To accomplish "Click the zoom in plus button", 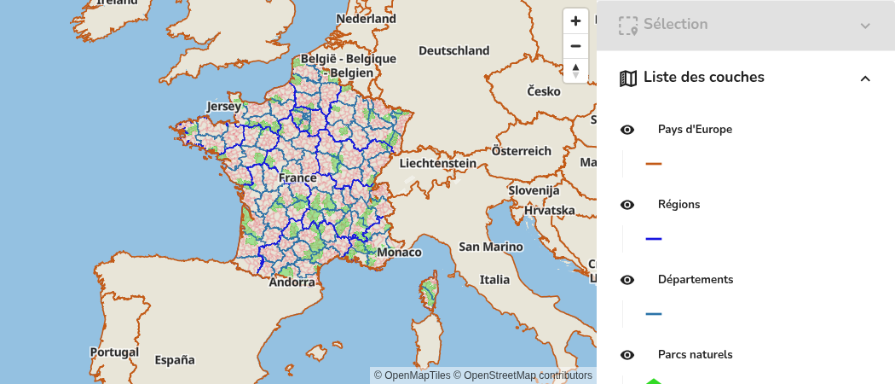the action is tap(575, 20).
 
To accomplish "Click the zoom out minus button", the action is tap(575, 46).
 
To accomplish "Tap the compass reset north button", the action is tap(575, 70).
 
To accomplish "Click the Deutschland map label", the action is tap(453, 50).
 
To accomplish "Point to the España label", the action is tap(175, 360).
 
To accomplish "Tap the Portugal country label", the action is tap(114, 352).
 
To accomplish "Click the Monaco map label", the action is tap(400, 253).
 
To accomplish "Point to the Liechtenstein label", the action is tap(437, 163).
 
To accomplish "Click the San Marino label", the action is tap(491, 247).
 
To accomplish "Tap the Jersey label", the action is tap(225, 107).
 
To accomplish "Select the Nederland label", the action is tap(366, 19).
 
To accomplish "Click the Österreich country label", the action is tap(522, 151).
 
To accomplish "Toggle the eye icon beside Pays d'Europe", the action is tap(627, 130).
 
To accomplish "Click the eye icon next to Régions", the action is tap(627, 205).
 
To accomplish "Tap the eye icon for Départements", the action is tap(627, 280).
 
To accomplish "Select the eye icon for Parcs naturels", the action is tap(627, 355).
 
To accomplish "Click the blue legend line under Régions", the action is tap(654, 239).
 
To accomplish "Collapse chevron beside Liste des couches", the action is tap(865, 79).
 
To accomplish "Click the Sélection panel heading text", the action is tap(675, 24).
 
